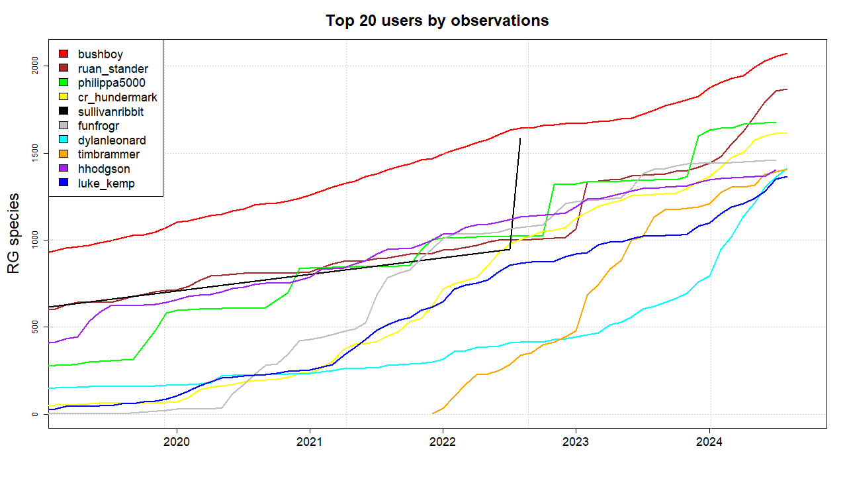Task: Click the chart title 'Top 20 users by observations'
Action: click(x=437, y=21)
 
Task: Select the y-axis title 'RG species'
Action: click(x=13, y=234)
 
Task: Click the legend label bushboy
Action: click(x=100, y=54)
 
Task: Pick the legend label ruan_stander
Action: click(x=112, y=68)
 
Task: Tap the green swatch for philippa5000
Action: click(x=64, y=83)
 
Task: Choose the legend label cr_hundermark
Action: click(x=117, y=97)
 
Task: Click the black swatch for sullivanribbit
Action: click(x=64, y=111)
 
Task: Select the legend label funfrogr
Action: click(x=99, y=126)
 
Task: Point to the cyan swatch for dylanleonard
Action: click(x=64, y=140)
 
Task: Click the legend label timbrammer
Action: click(x=109, y=154)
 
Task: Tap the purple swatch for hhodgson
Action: click(x=64, y=169)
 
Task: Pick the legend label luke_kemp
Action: click(x=106, y=184)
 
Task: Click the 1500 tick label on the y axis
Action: click(x=39, y=153)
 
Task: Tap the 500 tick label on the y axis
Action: click(x=39, y=327)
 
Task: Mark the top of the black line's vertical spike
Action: click(x=520, y=138)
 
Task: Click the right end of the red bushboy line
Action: click(x=786, y=54)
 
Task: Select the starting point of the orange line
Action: click(x=433, y=413)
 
